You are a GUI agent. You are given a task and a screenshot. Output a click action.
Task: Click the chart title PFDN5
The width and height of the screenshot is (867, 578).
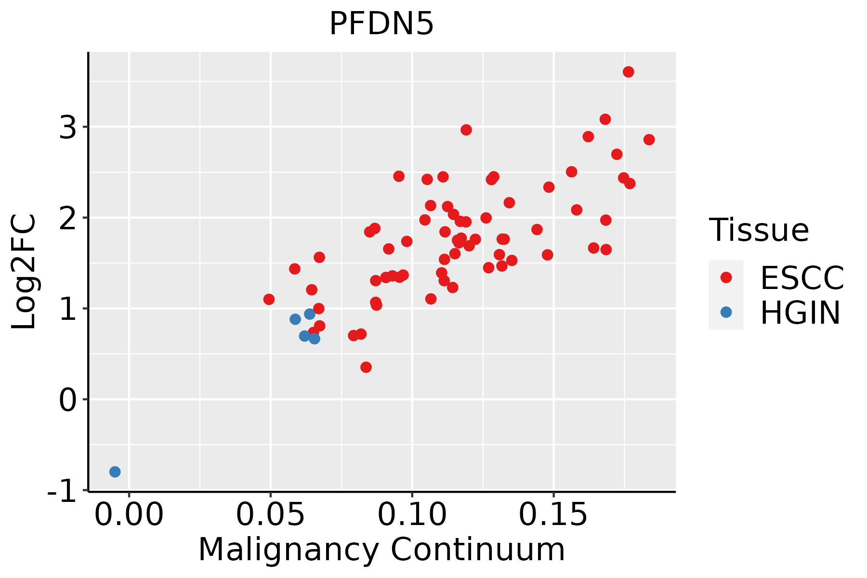tap(381, 24)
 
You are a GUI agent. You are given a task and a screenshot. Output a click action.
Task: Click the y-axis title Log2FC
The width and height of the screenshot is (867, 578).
tap(24, 272)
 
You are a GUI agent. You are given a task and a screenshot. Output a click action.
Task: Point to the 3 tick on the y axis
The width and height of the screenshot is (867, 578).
tap(68, 128)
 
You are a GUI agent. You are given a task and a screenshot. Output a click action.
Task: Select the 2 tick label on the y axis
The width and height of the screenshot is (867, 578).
tap(68, 218)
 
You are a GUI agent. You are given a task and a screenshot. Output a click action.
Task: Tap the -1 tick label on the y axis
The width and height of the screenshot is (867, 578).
tap(63, 491)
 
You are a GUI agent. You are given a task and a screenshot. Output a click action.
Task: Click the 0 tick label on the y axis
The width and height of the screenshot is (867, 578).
tap(68, 400)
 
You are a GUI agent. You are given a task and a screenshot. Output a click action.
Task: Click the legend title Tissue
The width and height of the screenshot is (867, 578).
tap(759, 230)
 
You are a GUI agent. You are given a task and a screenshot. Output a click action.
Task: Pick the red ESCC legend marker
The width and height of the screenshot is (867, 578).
tap(726, 277)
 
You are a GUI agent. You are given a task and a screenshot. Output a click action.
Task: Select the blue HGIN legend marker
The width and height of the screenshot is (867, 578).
tap(726, 312)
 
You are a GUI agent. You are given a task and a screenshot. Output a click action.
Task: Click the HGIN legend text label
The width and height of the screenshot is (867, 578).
tap(801, 313)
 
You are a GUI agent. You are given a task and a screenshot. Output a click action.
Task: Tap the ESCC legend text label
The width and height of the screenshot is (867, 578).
tap(802, 278)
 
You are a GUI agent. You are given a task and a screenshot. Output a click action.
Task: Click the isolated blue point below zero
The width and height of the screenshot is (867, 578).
tap(115, 472)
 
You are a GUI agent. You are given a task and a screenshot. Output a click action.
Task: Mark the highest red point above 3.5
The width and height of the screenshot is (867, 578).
tap(628, 72)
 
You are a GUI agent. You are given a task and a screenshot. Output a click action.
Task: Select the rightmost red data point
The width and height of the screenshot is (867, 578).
tap(649, 140)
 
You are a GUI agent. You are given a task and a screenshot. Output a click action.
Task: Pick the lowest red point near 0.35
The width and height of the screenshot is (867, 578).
tap(366, 367)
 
